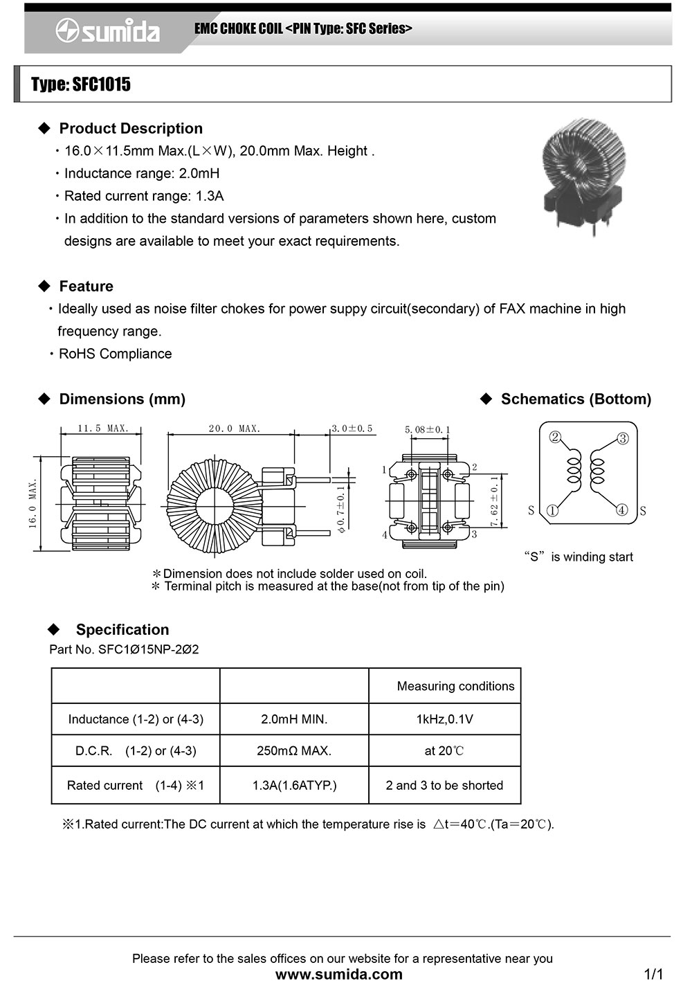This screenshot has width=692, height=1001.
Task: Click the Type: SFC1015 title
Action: tap(80, 84)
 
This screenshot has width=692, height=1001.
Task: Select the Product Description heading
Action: tap(131, 128)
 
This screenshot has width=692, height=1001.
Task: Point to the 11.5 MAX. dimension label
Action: tap(103, 429)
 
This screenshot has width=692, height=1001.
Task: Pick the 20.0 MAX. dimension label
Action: tap(235, 429)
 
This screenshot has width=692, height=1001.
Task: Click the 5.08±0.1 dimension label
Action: tap(427, 430)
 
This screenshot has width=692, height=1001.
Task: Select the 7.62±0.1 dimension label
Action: tap(494, 501)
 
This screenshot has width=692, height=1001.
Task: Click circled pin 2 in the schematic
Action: tap(554, 437)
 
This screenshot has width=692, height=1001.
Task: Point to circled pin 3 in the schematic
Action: tap(622, 438)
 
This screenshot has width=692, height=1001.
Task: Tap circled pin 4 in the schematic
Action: tap(622, 510)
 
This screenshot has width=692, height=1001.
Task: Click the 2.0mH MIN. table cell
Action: tap(294, 719)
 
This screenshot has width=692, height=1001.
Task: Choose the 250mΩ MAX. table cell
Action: tap(294, 750)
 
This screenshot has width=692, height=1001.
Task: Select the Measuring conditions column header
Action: tap(455, 686)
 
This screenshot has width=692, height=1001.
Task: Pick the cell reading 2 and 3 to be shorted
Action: tap(444, 785)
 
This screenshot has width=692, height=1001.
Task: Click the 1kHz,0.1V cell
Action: tap(444, 719)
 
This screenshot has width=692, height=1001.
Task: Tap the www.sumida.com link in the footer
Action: tap(339, 975)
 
